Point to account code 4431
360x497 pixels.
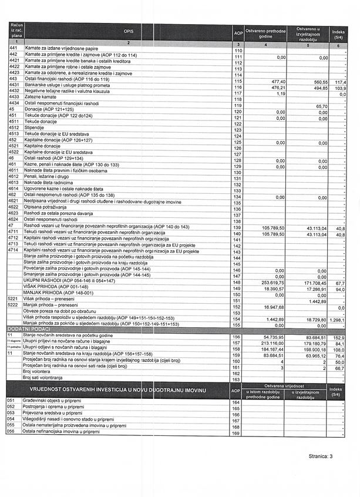coord(14,88)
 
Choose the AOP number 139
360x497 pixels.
coord(237,227)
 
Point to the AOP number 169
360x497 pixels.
coord(237,433)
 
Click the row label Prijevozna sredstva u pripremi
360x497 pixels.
coord(53,414)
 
